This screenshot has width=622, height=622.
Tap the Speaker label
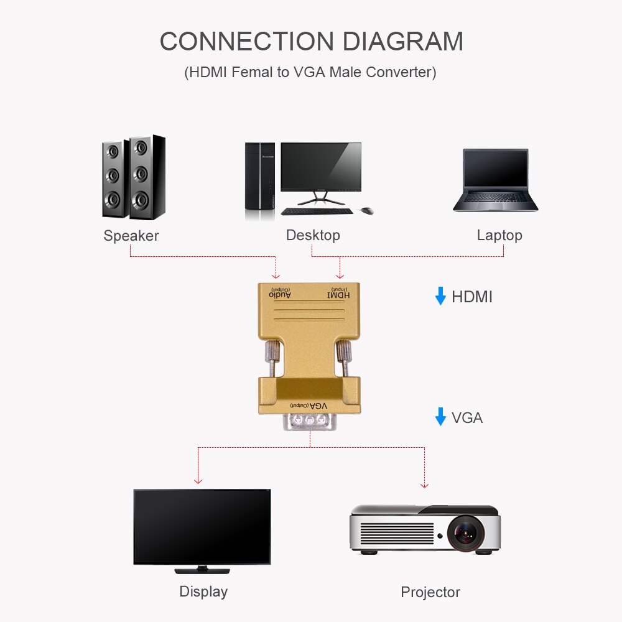point(131,236)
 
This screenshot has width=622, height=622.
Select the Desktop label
point(313,235)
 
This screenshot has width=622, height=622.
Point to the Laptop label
point(499,235)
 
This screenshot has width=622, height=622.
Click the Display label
point(203,592)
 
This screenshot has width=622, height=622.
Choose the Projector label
point(430,592)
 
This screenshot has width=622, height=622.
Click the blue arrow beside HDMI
point(440,296)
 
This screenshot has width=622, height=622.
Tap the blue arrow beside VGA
point(440,417)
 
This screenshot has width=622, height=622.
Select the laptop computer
point(495,180)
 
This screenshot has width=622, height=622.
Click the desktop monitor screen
point(321,167)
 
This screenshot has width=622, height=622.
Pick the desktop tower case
point(259,180)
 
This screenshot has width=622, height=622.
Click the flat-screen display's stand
point(202,569)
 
